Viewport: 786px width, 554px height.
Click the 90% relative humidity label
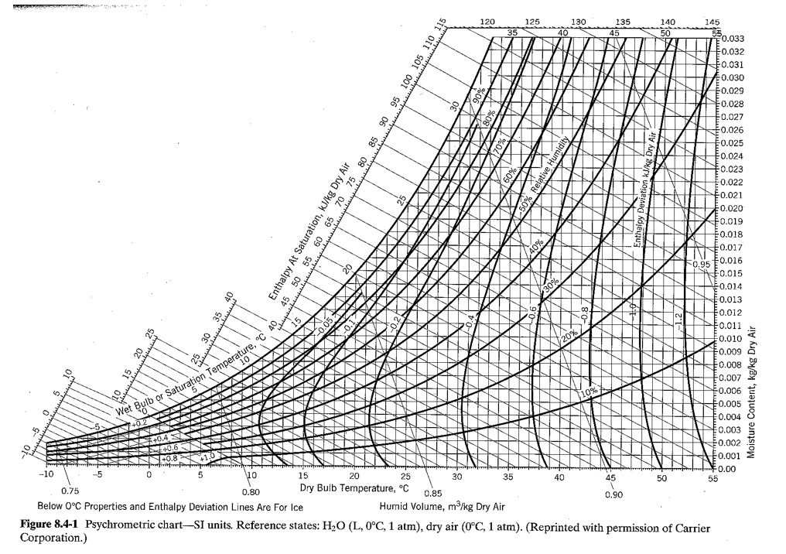[x=480, y=94]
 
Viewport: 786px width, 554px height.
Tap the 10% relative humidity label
[x=589, y=392]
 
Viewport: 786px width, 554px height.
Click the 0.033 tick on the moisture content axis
[x=732, y=38]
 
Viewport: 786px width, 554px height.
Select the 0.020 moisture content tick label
[x=732, y=208]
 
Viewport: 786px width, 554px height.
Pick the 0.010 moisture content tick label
[x=732, y=338]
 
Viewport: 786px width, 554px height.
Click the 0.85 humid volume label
[x=434, y=493]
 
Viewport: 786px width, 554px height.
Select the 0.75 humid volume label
[x=69, y=491]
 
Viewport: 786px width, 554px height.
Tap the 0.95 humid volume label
[x=700, y=264]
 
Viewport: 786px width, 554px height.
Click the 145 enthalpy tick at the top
[x=712, y=21]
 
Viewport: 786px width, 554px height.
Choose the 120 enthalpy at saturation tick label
[x=488, y=21]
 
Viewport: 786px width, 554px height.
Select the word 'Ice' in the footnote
[x=293, y=508]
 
